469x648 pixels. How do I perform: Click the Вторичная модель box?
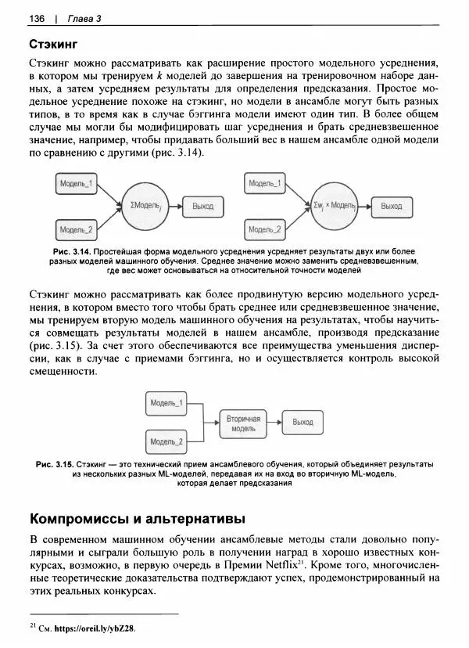pos(243,424)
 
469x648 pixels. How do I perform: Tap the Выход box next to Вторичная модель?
pos(302,422)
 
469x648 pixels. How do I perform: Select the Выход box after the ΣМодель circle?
pos(202,207)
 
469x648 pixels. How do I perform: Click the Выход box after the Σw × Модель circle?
pos(391,207)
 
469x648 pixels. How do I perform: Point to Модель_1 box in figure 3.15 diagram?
pos(166,403)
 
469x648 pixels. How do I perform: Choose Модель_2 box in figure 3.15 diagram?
pos(166,443)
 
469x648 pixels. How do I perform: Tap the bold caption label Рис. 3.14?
pos(70,252)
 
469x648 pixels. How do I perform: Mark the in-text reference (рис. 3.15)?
pos(55,345)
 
